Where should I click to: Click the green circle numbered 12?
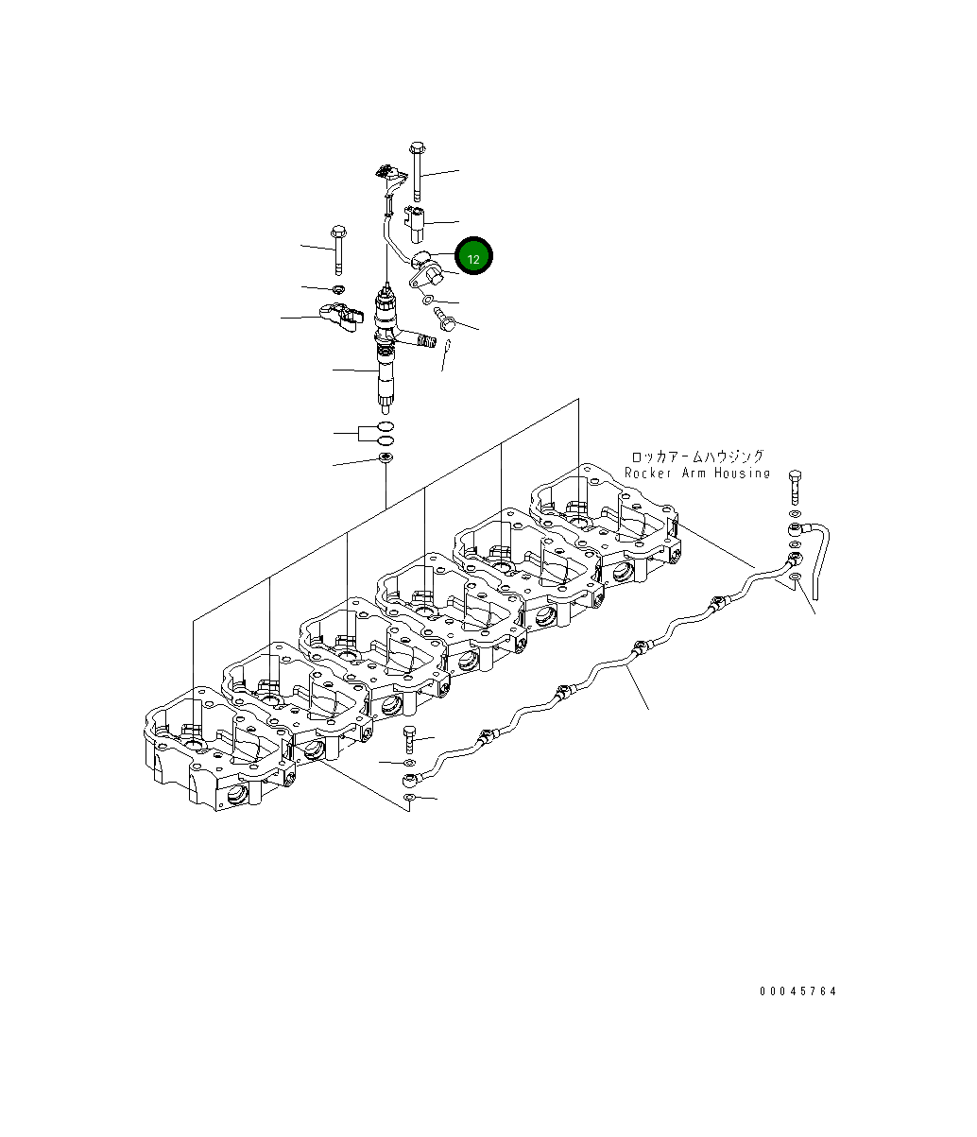pyautogui.click(x=474, y=258)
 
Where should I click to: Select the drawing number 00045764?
pyautogui.click(x=798, y=991)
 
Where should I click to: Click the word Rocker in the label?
pyautogui.click(x=647, y=473)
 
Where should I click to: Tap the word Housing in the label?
pyautogui.click(x=742, y=473)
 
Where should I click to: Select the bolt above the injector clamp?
pyautogui.click(x=337, y=248)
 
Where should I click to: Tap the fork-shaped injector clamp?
pyautogui.click(x=341, y=316)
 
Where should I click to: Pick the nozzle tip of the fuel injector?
pyautogui.click(x=386, y=405)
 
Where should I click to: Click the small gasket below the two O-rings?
pyautogui.click(x=386, y=459)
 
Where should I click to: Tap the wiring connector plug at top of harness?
pyautogui.click(x=386, y=173)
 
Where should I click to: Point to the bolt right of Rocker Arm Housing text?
pyautogui.click(x=794, y=487)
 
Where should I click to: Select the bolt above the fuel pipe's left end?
pyautogui.click(x=409, y=737)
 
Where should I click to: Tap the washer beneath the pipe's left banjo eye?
pyautogui.click(x=409, y=800)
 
